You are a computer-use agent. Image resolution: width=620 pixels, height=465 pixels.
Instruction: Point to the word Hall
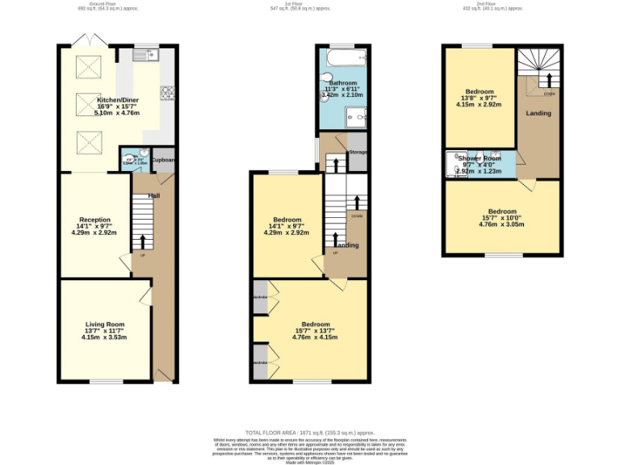click(153, 195)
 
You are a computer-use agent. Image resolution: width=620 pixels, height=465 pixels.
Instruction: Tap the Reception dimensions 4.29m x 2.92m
click(94, 232)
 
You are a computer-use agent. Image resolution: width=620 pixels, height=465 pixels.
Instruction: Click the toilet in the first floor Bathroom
click(325, 78)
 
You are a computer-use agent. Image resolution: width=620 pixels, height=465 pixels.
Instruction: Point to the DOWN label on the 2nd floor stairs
click(549, 94)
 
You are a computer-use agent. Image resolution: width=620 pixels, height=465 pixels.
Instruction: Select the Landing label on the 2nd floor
click(538, 113)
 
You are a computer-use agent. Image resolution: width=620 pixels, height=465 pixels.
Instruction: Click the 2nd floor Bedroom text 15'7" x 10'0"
click(501, 218)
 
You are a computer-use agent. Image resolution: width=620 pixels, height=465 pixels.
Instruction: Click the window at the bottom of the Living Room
click(106, 381)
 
